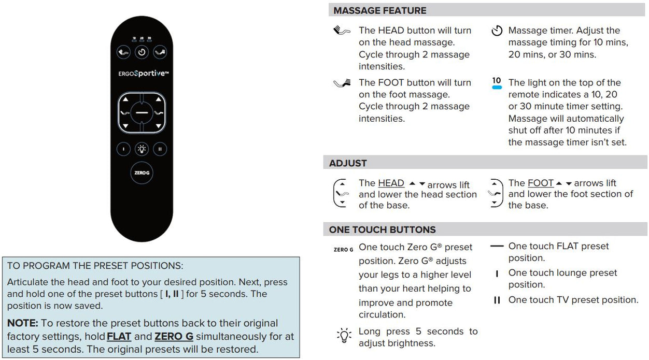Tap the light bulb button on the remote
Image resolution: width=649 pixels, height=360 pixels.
tap(142, 149)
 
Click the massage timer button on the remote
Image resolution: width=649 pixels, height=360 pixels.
tap(142, 52)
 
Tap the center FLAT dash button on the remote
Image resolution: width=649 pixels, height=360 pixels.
tap(142, 112)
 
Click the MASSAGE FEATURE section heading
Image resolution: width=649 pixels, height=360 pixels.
tap(380, 10)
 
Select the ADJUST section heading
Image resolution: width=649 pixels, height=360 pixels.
tap(348, 163)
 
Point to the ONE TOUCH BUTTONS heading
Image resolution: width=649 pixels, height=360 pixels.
tap(382, 229)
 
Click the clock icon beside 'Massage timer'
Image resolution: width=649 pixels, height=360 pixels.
tap(497, 31)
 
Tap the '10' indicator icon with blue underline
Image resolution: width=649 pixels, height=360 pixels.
tap(497, 83)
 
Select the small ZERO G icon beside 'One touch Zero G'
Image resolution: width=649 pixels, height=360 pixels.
tap(343, 250)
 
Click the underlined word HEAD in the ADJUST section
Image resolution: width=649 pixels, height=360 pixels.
tap(391, 183)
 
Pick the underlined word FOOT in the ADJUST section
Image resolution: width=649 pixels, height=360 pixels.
tap(541, 183)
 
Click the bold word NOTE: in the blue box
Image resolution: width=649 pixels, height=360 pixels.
tap(23, 323)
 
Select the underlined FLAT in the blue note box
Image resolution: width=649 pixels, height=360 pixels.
tap(119, 337)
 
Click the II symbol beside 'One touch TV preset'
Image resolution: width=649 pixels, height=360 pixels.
tap(497, 300)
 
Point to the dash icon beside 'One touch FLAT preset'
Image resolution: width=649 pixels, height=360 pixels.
tap(497, 247)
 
